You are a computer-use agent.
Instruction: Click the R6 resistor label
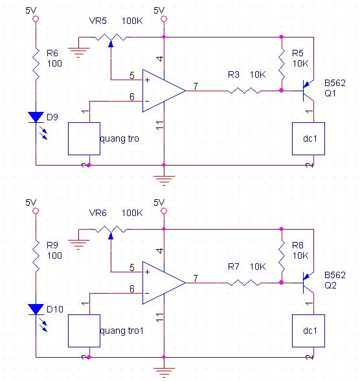tap(52, 53)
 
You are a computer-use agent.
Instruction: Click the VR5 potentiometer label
tap(98, 21)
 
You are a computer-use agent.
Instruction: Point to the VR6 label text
tap(98, 213)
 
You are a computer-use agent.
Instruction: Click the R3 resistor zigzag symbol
tap(244, 91)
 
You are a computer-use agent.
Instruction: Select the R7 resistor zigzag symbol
tap(244, 283)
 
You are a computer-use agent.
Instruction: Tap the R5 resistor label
tap(298, 53)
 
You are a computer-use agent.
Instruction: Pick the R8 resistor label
tap(298, 245)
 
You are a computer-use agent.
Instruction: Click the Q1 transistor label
tap(330, 93)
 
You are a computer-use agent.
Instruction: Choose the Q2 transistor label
tap(330, 285)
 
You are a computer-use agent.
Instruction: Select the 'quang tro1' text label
tap(122, 331)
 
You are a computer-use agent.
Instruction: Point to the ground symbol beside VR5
tap(78, 52)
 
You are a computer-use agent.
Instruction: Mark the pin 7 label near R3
tap(196, 86)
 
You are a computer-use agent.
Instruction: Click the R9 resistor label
tap(52, 245)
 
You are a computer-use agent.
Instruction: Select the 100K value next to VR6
tap(132, 213)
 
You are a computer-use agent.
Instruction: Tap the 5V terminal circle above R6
tap(36, 19)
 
